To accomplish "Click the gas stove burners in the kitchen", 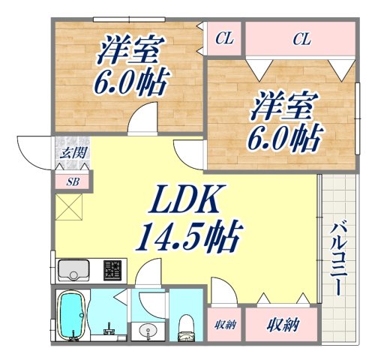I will [113, 268].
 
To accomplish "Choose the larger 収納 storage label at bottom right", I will [283, 324].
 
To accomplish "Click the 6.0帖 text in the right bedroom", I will [286, 137].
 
